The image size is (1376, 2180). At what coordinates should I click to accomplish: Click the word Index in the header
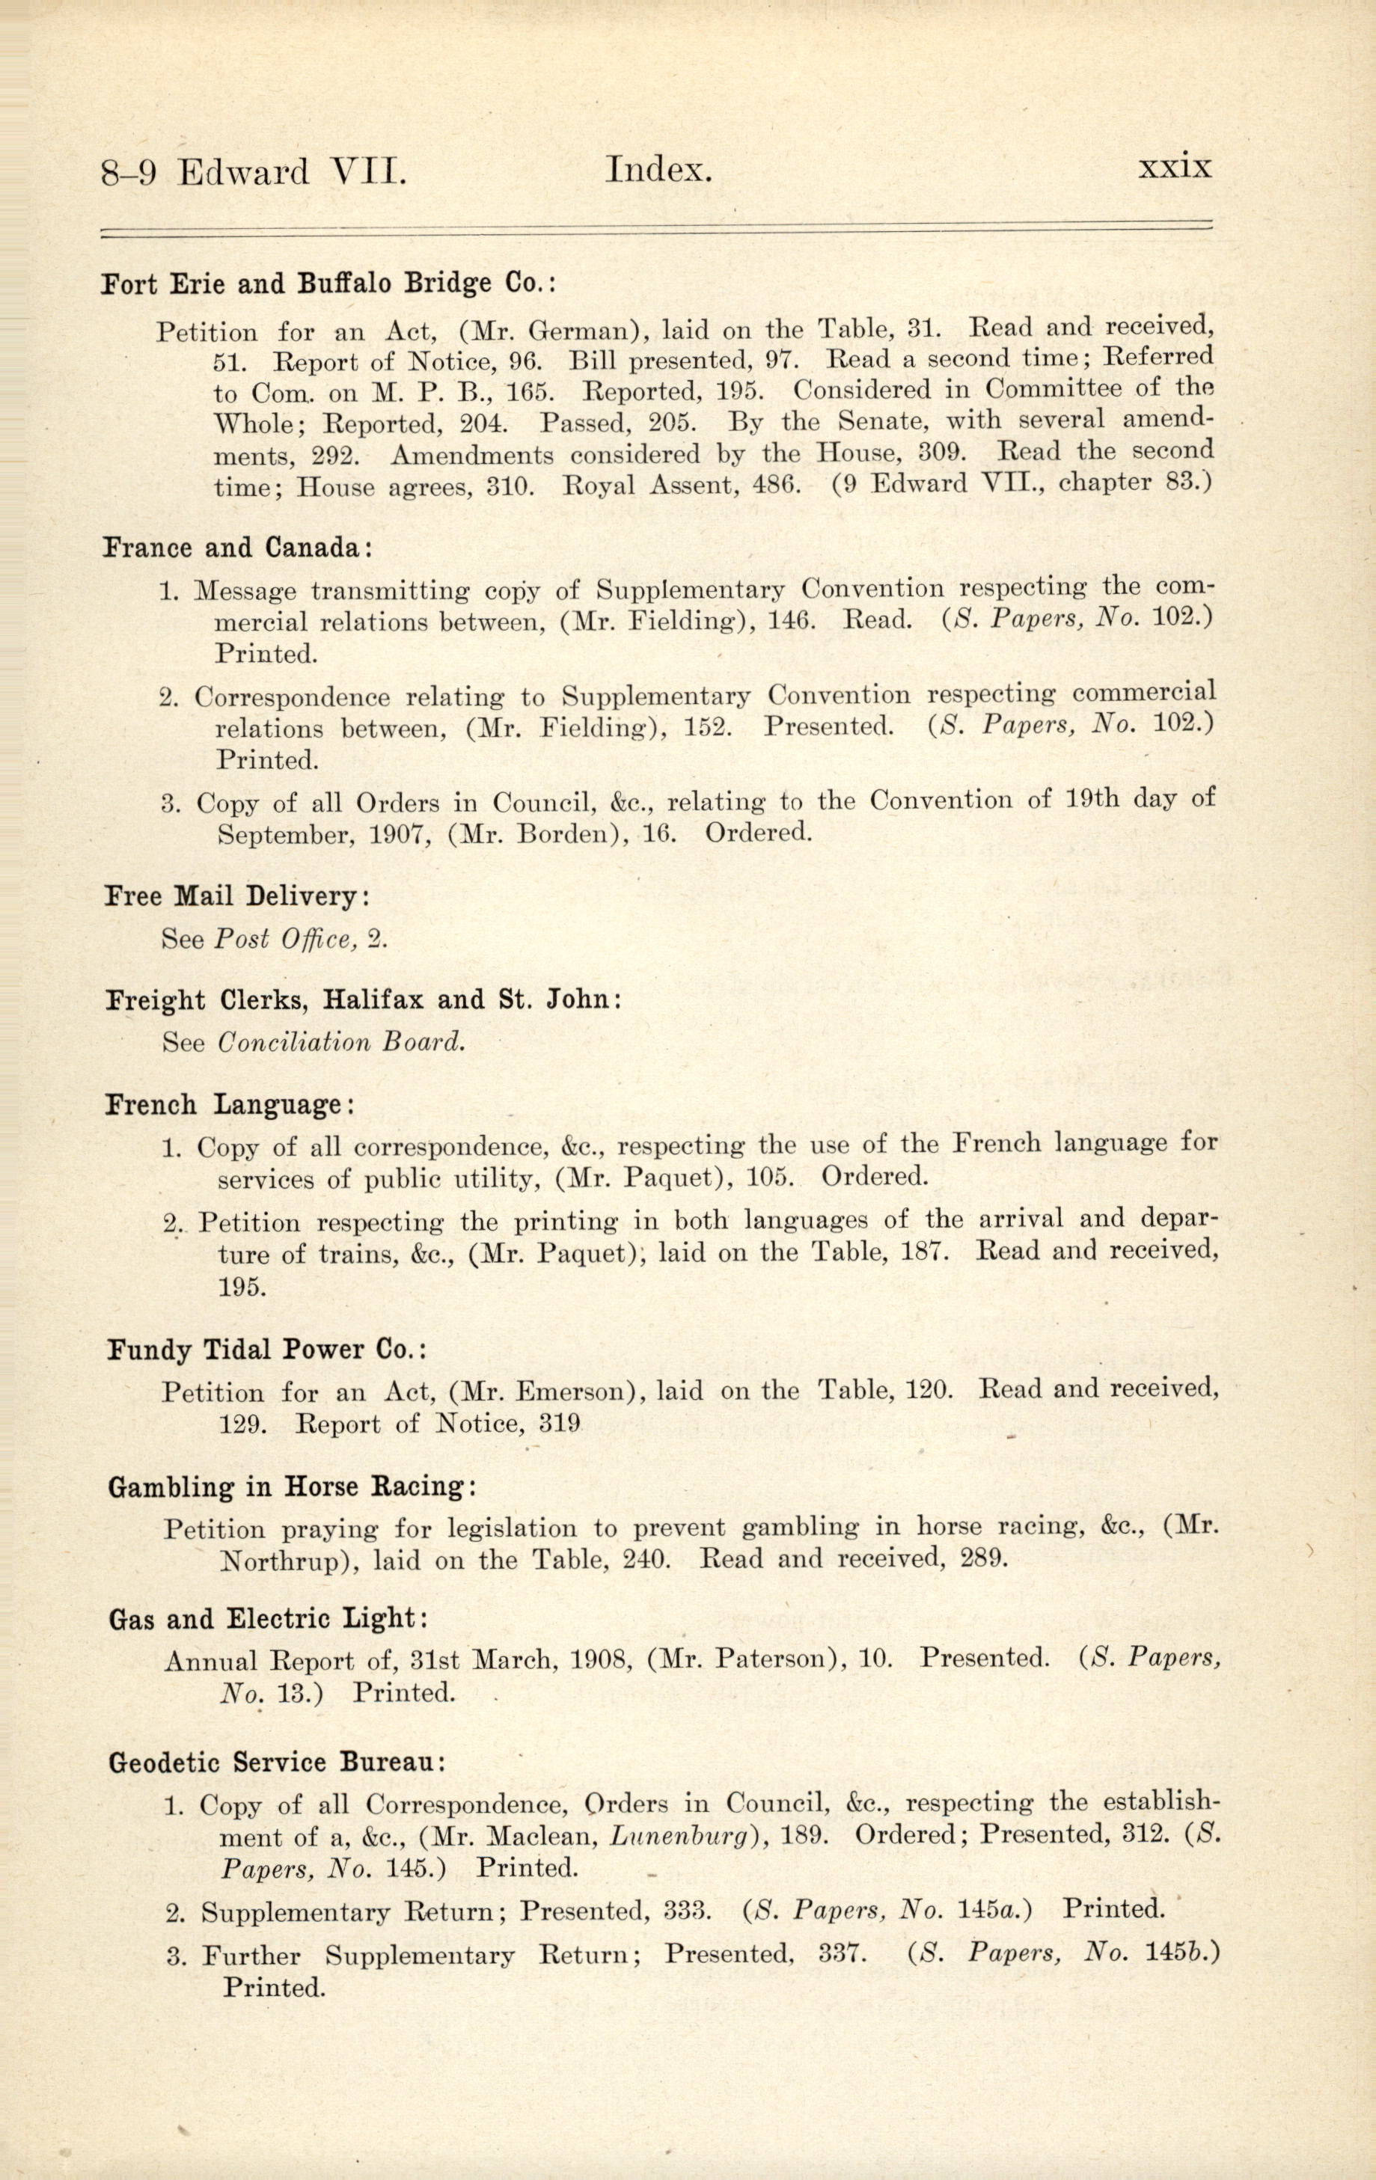tap(658, 171)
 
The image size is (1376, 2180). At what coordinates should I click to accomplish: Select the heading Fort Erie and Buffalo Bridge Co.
tap(328, 284)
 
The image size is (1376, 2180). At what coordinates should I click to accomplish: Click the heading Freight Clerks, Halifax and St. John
tap(363, 1000)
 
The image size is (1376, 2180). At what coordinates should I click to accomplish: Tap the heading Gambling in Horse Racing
tap(292, 1487)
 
